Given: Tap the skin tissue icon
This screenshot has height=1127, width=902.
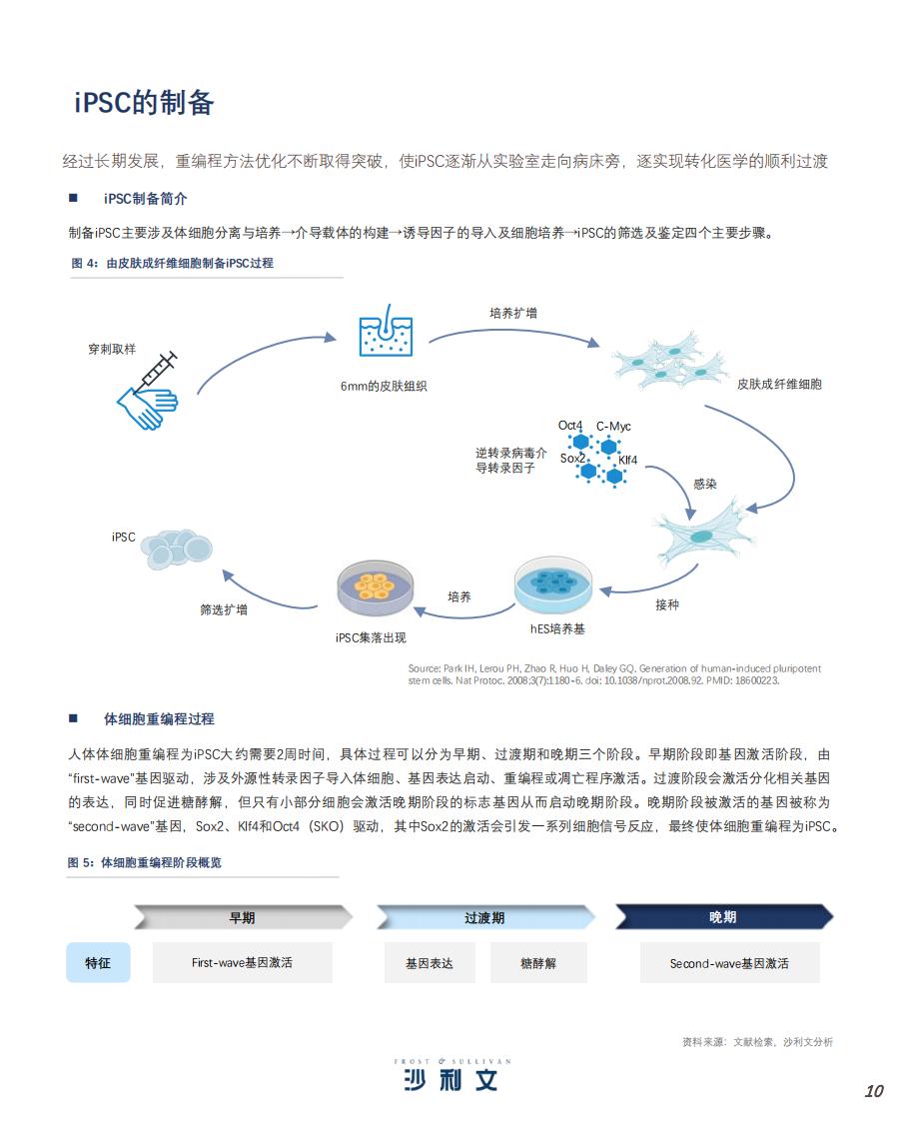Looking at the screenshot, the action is pyautogui.click(x=386, y=332).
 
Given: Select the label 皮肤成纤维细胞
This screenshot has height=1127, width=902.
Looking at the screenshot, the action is pyautogui.click(x=779, y=385).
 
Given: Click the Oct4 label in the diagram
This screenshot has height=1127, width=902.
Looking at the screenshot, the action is pyautogui.click(x=570, y=426).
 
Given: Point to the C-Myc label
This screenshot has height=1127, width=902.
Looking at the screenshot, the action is pyautogui.click(x=613, y=427).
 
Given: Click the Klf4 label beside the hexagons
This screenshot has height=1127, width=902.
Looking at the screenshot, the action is pyautogui.click(x=627, y=460).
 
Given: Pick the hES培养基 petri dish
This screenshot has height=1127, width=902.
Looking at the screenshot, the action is pyautogui.click(x=552, y=585).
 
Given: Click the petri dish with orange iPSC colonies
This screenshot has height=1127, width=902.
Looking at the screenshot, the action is pyautogui.click(x=376, y=587).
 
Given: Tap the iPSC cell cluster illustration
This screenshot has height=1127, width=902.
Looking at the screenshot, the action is pyautogui.click(x=176, y=550).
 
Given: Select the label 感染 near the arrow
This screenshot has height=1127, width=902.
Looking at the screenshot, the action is pyautogui.click(x=704, y=484).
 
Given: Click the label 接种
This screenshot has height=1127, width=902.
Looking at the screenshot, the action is pyautogui.click(x=667, y=605).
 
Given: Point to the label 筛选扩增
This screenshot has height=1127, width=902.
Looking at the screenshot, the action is pyautogui.click(x=224, y=610).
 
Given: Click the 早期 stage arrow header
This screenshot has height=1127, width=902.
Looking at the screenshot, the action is pyautogui.click(x=243, y=918).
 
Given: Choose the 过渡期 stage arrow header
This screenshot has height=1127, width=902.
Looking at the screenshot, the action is pyautogui.click(x=485, y=918).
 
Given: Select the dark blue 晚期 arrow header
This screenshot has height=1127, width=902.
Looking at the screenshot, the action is pyautogui.click(x=724, y=917).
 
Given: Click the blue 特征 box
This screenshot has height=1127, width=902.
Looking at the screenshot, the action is pyautogui.click(x=99, y=962).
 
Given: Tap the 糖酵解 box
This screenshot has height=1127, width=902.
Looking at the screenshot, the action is pyautogui.click(x=538, y=963).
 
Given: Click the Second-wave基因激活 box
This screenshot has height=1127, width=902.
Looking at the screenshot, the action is pyautogui.click(x=729, y=963).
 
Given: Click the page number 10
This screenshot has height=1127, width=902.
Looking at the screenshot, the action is pyautogui.click(x=873, y=1091).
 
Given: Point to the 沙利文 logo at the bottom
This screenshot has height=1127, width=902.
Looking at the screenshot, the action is pyautogui.click(x=451, y=1075).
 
